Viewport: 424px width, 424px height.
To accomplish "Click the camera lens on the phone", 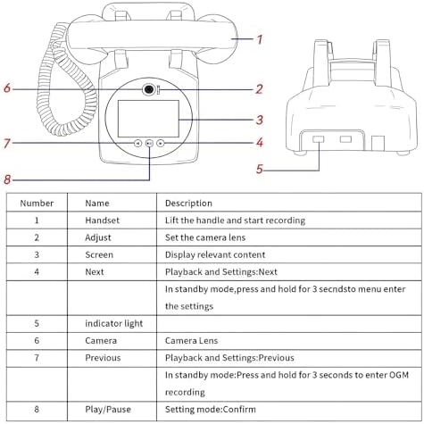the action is click(149, 89).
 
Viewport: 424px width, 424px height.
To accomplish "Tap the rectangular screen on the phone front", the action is click(148, 119).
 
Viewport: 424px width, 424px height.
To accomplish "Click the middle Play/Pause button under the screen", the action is click(149, 144).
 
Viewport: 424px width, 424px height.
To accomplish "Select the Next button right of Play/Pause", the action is click(161, 144).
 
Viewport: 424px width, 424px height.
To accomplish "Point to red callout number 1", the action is click(260, 39).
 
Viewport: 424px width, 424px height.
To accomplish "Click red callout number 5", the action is click(260, 169).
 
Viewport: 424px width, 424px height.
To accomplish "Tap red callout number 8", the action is click(7, 179).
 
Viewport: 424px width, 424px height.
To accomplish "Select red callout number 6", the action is click(7, 88).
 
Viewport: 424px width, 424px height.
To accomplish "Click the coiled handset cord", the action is click(64, 83).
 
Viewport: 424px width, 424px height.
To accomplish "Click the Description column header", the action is click(188, 204).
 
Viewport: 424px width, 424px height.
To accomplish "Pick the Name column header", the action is click(97, 204).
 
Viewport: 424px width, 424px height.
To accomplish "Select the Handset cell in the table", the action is click(102, 220).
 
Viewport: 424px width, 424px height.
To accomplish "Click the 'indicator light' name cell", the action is click(114, 323).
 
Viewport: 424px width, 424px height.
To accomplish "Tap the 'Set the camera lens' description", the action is click(205, 237).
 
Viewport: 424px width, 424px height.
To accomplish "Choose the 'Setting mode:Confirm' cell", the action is click(211, 409).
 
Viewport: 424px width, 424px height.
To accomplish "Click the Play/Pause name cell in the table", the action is click(108, 410).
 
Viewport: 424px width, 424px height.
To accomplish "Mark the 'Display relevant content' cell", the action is click(215, 254).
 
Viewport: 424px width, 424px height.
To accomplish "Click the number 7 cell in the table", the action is click(37, 358).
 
